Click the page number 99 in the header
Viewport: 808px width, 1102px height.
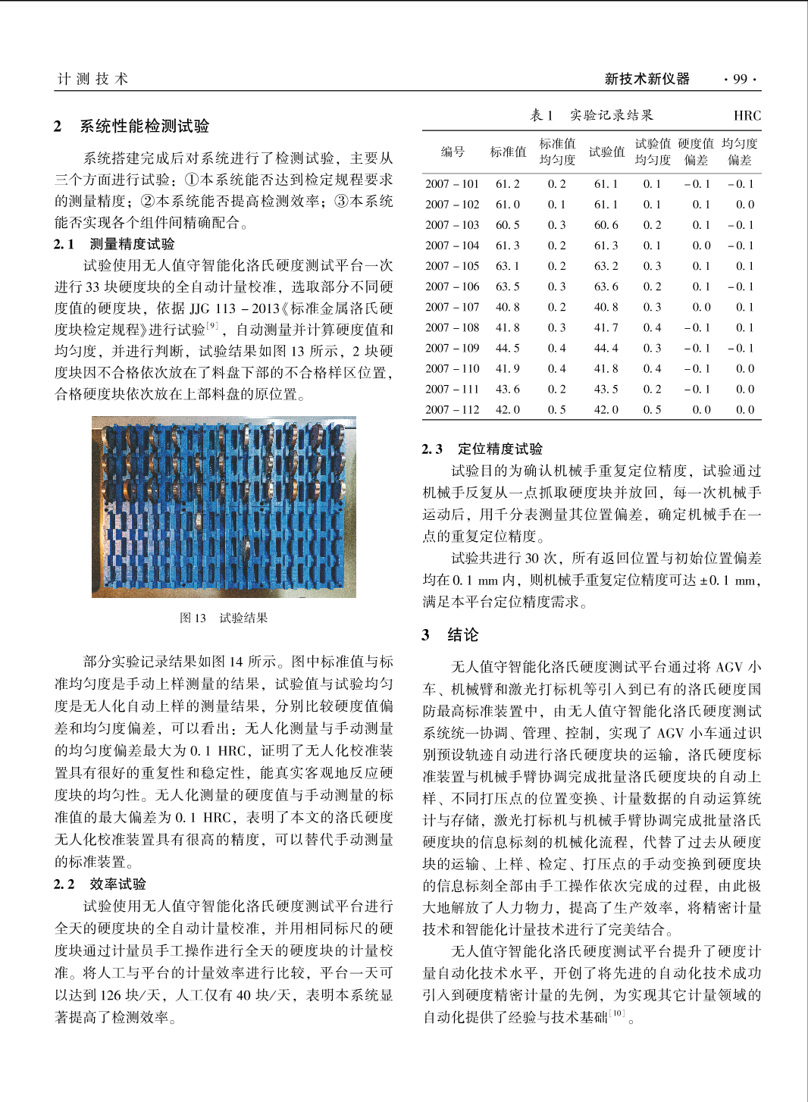(x=740, y=79)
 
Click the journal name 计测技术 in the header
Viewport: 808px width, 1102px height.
(x=93, y=79)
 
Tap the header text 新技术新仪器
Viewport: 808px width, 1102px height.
(x=647, y=79)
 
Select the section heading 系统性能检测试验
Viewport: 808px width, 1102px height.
(x=144, y=126)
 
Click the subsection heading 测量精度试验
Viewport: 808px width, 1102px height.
(x=132, y=244)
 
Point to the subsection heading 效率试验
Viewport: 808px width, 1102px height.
(x=117, y=884)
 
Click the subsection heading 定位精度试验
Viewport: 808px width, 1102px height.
(x=500, y=449)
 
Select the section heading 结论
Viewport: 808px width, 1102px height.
(x=462, y=635)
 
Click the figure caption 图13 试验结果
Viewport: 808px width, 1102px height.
(x=224, y=618)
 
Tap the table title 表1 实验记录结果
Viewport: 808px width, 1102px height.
(x=591, y=115)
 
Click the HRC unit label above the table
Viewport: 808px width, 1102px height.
(x=747, y=116)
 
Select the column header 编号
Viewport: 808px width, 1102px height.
(x=453, y=152)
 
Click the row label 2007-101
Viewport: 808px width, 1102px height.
(x=452, y=184)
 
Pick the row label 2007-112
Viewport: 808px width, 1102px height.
(x=452, y=409)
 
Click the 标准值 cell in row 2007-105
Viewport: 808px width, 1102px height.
(x=508, y=266)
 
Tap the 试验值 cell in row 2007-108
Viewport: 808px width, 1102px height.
(x=606, y=327)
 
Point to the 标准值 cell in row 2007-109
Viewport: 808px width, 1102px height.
(x=508, y=348)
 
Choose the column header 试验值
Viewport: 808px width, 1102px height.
(x=606, y=152)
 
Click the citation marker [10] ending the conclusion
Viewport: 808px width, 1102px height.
(x=618, y=1013)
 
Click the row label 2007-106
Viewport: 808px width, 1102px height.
(x=452, y=286)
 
